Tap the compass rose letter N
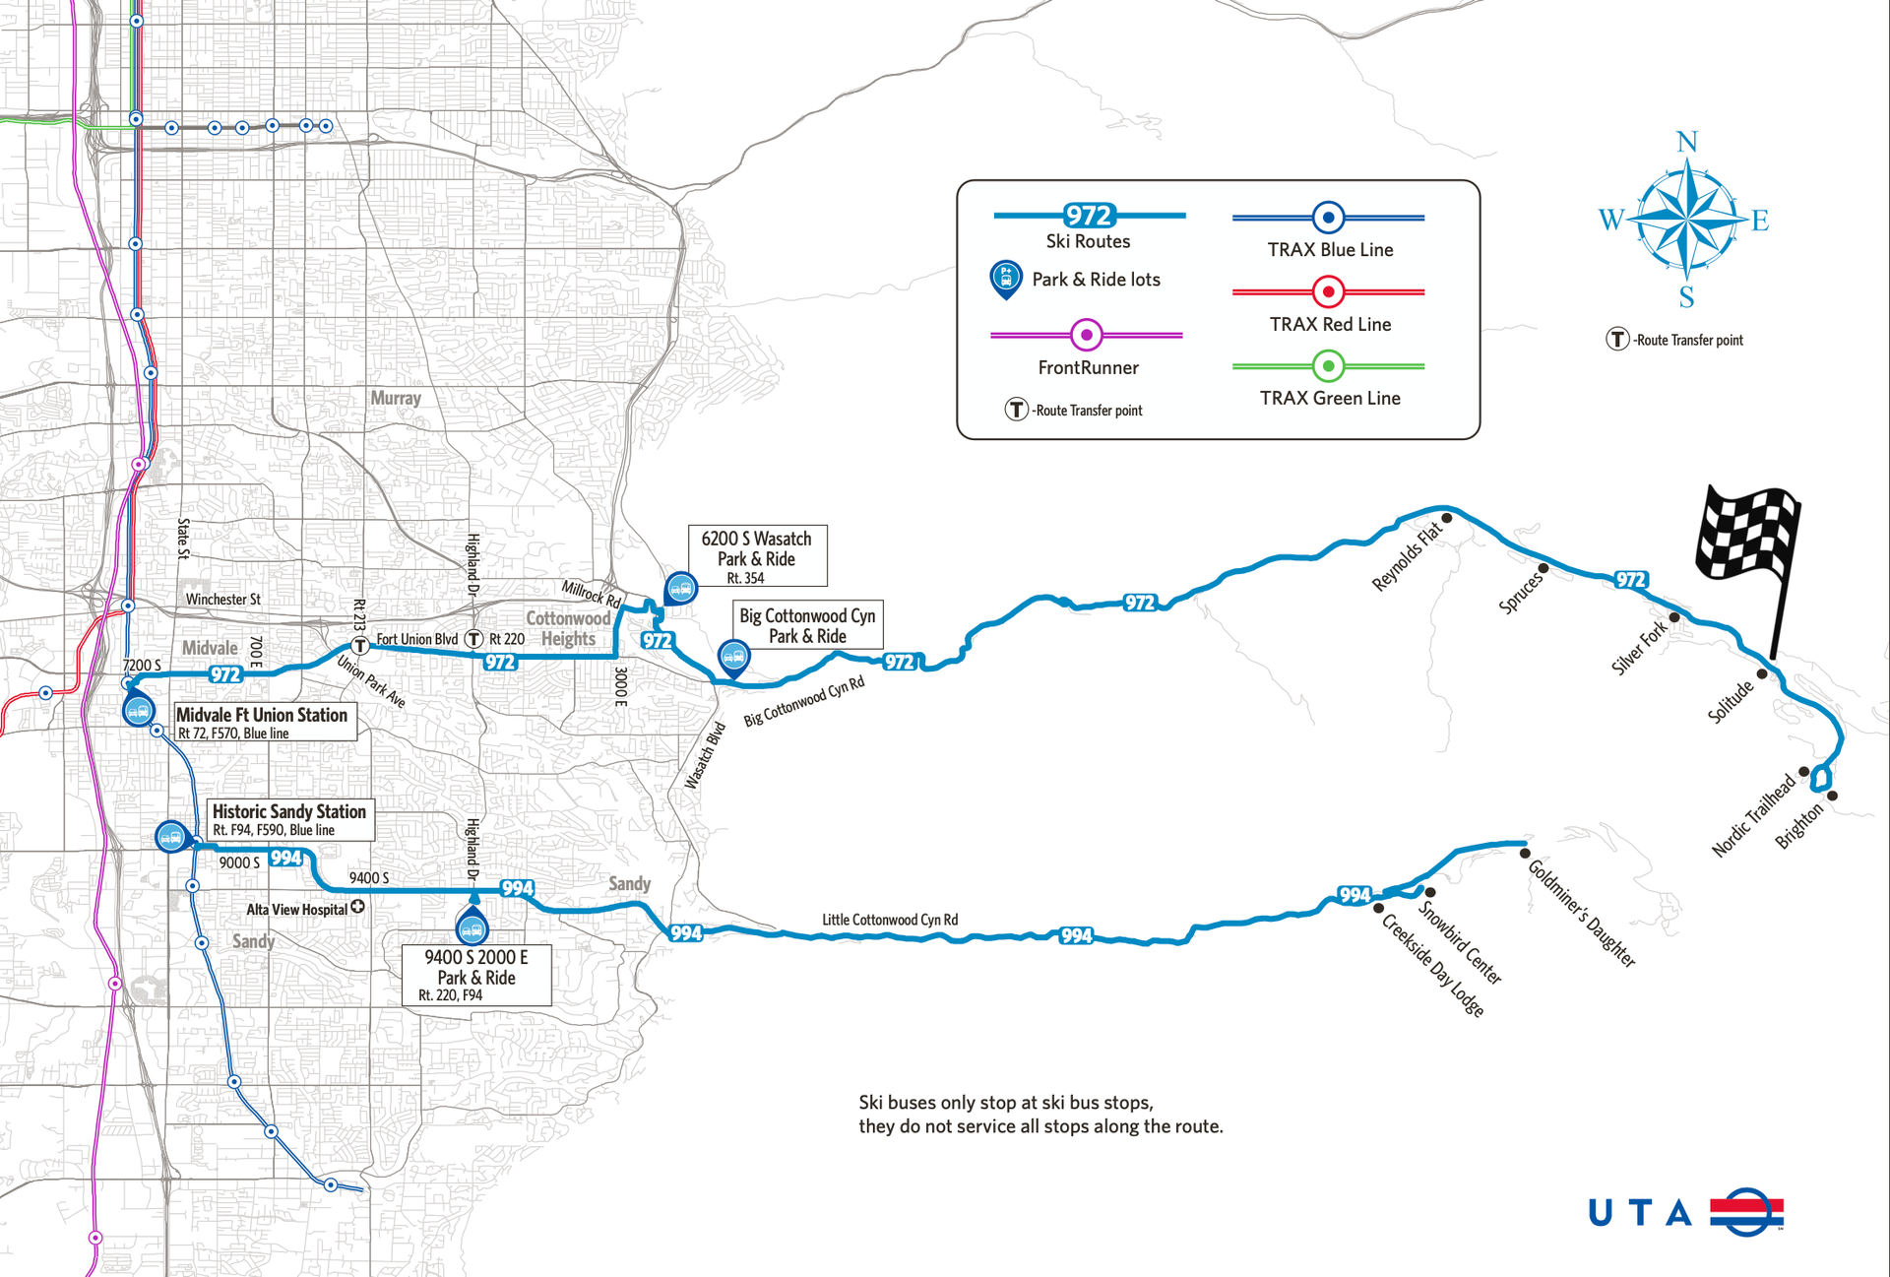coord(1687,143)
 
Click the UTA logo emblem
coord(1746,1211)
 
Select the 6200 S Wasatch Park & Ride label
coord(756,556)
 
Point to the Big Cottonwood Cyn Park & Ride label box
coord(807,625)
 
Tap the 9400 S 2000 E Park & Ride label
coord(476,975)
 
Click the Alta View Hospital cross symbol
coord(358,907)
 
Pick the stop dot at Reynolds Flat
coord(1447,518)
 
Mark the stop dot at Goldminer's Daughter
coord(1525,853)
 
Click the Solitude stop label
coord(1730,702)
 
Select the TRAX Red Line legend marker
coord(1328,291)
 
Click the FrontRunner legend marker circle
coord(1086,335)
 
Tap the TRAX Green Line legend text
coord(1330,398)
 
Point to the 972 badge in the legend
coord(1089,216)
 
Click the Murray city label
coord(396,398)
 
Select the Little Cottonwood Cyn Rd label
coord(890,920)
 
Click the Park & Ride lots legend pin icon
coord(1005,280)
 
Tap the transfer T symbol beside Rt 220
coord(474,639)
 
